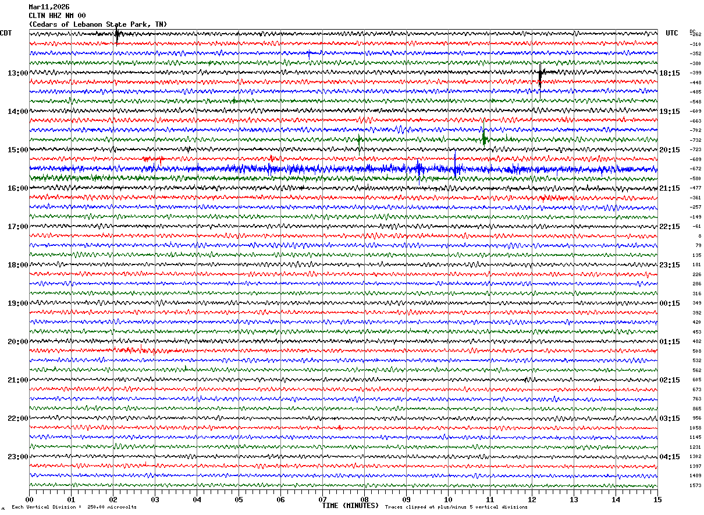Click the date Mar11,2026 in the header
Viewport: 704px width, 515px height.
tap(49, 7)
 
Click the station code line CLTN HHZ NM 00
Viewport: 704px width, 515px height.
tap(57, 16)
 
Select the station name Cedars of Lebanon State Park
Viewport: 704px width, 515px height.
tap(98, 24)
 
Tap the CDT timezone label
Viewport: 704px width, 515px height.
tap(6, 33)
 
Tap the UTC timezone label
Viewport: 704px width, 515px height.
tap(672, 33)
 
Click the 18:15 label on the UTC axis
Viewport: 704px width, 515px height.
tap(670, 73)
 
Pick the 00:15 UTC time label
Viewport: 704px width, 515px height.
tap(670, 303)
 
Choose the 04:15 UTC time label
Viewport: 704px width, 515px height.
tap(670, 456)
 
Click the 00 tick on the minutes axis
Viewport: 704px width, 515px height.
tap(29, 499)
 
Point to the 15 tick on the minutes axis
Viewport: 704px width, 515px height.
tap(657, 499)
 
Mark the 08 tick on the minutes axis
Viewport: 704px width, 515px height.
tap(364, 499)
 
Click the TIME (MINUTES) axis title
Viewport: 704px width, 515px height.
tap(350, 506)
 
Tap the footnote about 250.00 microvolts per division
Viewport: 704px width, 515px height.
tap(74, 507)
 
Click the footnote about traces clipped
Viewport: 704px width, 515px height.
tap(456, 507)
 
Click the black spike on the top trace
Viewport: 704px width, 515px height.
tap(117, 35)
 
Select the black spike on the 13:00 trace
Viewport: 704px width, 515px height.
tap(541, 74)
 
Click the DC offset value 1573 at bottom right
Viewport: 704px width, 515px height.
tap(695, 485)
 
